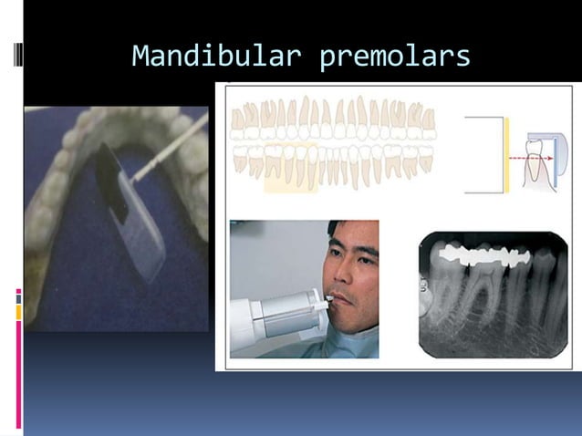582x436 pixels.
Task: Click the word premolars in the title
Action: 395,57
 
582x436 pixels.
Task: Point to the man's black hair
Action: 360,234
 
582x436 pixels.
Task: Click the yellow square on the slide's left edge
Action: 18,312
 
